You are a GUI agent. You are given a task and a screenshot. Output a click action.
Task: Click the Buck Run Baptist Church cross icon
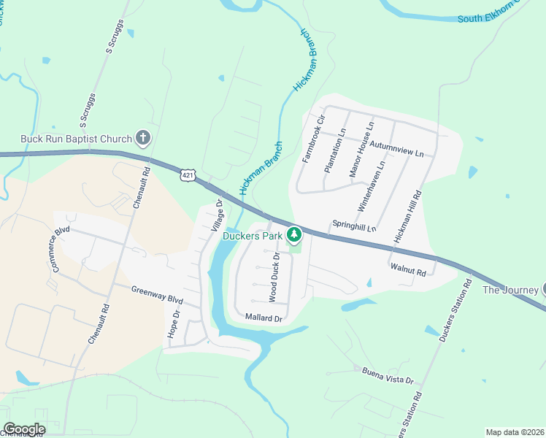tap(143, 138)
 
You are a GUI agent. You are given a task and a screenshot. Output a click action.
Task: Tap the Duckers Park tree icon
tap(294, 235)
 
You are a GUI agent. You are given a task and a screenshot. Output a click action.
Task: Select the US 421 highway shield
tap(188, 175)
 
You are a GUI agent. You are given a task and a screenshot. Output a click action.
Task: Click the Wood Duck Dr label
tap(275, 278)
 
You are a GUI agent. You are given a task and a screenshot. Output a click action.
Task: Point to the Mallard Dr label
tap(264, 318)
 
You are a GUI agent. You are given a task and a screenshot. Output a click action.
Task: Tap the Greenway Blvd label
tap(156, 294)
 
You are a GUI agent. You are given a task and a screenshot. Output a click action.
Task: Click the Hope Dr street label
tap(174, 323)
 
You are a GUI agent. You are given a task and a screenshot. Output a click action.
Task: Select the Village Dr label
tap(216, 216)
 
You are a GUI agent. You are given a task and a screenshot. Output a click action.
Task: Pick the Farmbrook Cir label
tap(312, 138)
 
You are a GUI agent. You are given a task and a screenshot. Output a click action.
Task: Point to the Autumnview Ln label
tap(396, 150)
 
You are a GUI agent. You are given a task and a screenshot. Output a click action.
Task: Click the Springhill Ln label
tap(354, 226)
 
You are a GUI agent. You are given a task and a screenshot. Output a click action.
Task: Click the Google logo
tap(24, 429)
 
